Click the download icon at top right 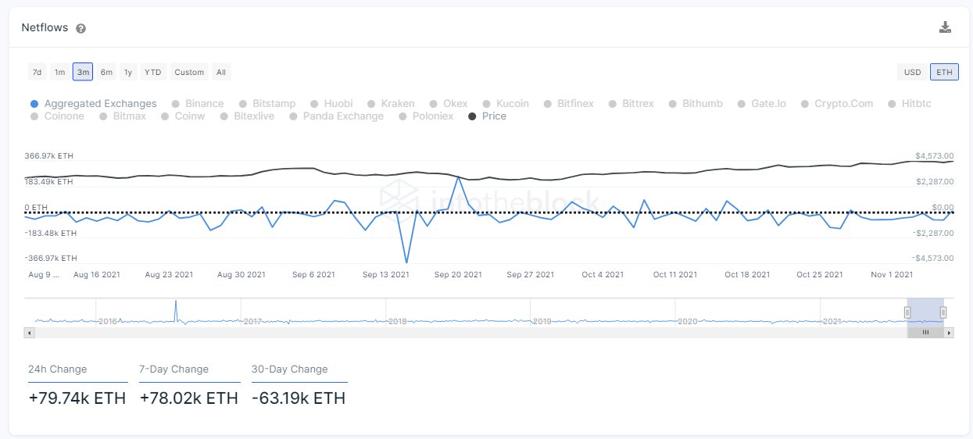[x=945, y=27]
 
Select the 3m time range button [x=83, y=72]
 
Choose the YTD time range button [x=153, y=72]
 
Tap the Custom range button [x=189, y=72]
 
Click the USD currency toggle [x=912, y=72]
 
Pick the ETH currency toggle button [x=944, y=72]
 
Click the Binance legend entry [x=204, y=103]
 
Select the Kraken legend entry [x=397, y=103]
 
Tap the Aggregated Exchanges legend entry [x=100, y=103]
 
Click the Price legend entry [x=493, y=116]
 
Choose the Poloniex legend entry [x=432, y=116]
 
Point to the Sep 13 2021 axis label [x=385, y=274]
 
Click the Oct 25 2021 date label [x=820, y=274]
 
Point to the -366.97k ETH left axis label [x=51, y=258]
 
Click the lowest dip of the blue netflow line [x=406, y=262]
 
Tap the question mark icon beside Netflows [x=80, y=28]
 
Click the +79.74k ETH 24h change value [x=77, y=398]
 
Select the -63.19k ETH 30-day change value [x=299, y=398]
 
